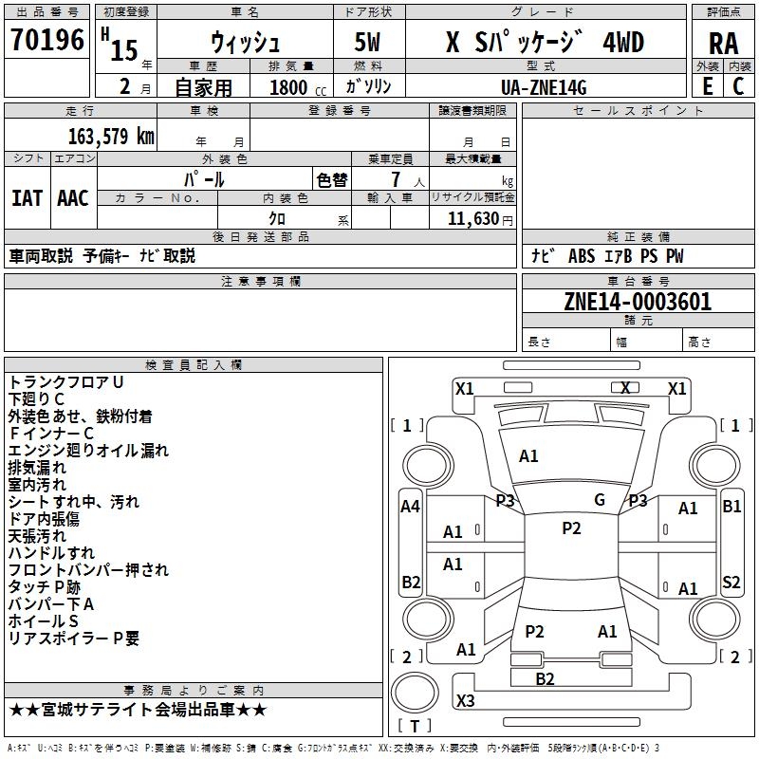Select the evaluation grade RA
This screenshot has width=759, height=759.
coord(723,43)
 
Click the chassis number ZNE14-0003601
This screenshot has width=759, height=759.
coord(637,303)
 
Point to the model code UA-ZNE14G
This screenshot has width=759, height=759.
coord(544,87)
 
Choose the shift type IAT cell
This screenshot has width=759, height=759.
coord(27,197)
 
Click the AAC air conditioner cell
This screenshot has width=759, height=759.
coord(73,197)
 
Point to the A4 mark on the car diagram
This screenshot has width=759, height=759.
coord(410,507)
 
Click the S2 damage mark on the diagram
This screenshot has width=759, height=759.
coord(731,583)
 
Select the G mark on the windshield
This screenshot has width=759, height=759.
coord(600,500)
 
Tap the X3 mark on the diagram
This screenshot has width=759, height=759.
coord(465,701)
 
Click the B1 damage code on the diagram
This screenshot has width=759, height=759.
coord(731,507)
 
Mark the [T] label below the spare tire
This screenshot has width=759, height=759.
coord(414,726)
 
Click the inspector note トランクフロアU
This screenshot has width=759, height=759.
coord(66,381)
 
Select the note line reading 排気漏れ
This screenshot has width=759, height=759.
coord(37,468)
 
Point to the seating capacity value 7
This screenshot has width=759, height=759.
coord(395,179)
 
